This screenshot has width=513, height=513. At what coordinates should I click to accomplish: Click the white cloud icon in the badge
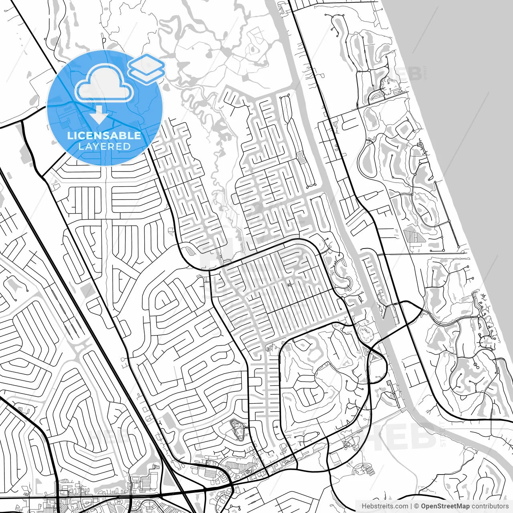[104, 83]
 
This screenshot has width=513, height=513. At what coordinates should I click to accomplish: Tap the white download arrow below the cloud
[99, 116]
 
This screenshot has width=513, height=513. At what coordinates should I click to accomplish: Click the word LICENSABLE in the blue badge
[104, 135]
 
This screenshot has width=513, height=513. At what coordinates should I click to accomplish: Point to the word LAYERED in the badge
[104, 147]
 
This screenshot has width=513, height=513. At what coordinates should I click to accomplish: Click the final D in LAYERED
[127, 147]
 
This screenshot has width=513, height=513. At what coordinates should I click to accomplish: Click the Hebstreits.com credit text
[385, 506]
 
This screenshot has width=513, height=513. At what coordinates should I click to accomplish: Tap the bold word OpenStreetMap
[445, 506]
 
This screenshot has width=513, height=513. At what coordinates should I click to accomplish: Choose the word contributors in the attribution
[490, 506]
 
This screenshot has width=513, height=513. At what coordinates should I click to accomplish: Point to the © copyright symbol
[417, 506]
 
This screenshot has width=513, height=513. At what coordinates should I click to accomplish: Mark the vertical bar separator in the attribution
[412, 506]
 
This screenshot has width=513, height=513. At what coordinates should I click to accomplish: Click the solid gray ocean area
[461, 60]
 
